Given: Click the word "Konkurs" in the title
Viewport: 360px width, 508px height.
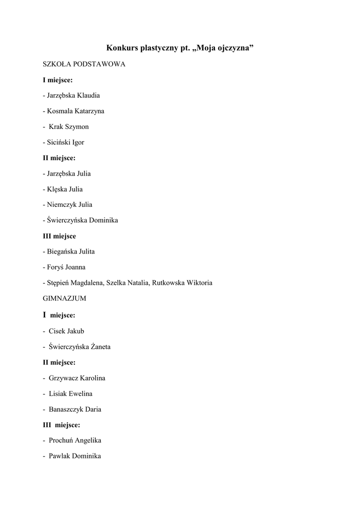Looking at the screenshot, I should pyautogui.click(x=122, y=48).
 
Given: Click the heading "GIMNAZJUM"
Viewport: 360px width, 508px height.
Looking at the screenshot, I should pyautogui.click(x=65, y=299).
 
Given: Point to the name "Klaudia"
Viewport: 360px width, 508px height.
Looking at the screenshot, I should pyautogui.click(x=88, y=95).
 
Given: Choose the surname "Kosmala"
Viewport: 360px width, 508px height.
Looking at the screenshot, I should pyautogui.click(x=61, y=111).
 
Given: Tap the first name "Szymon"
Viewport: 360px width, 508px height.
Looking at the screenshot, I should pyautogui.click(x=77, y=127).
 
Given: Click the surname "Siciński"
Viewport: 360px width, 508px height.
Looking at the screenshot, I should pyautogui.click(x=59, y=142).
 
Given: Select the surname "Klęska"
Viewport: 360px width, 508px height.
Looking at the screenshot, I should pyautogui.click(x=58, y=189).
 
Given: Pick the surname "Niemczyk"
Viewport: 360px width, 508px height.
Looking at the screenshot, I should pyautogui.click(x=62, y=204).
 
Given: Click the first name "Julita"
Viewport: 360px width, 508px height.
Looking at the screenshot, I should pyautogui.click(x=85, y=252).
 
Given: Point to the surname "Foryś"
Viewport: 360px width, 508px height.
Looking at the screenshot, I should pyautogui.click(x=56, y=267).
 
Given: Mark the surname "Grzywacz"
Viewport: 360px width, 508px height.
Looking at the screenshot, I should pyautogui.click(x=64, y=378).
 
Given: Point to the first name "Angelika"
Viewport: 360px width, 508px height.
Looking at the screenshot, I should pyautogui.click(x=88, y=441).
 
